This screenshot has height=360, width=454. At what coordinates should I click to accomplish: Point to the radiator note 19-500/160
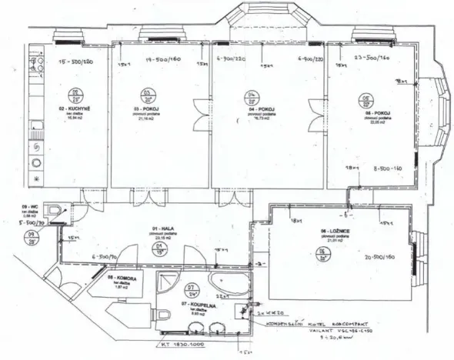163,58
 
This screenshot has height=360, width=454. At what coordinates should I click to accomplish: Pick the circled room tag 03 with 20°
146,95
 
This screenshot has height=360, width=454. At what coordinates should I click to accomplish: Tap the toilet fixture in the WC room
53,211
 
